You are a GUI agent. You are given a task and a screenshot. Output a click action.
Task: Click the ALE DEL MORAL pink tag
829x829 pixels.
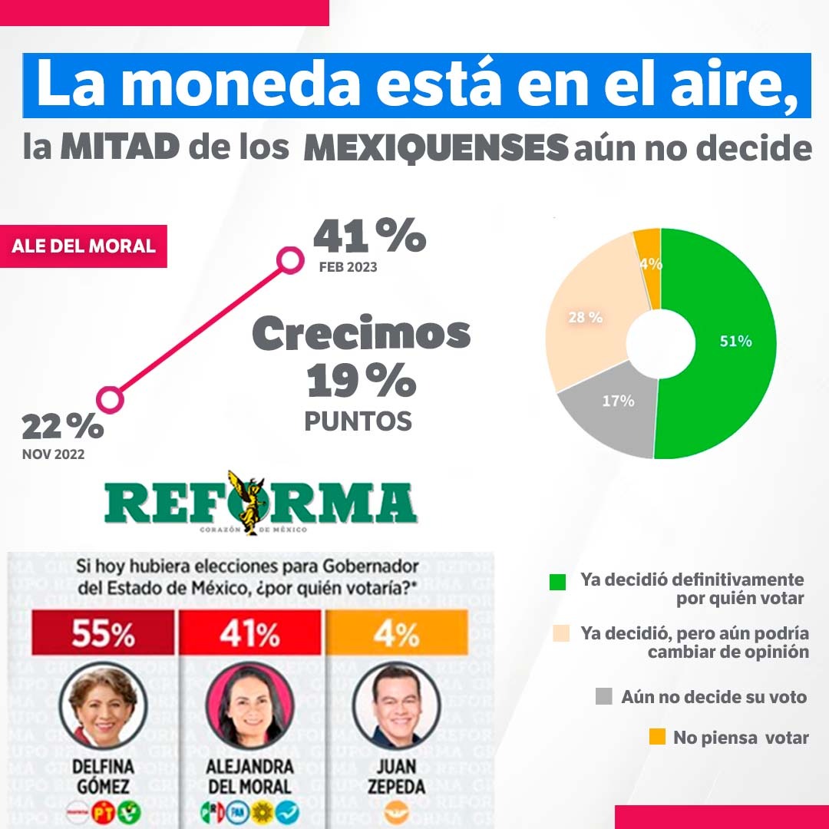pyautogui.click(x=84, y=246)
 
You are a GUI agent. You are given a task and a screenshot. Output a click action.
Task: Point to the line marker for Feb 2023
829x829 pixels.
pyautogui.click(x=289, y=261)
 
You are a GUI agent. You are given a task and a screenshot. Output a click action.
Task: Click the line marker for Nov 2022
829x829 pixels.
pyautogui.click(x=110, y=399)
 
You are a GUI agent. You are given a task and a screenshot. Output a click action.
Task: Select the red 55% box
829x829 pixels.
pyautogui.click(x=104, y=635)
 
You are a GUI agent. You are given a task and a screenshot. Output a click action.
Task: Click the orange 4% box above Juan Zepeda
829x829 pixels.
pyautogui.click(x=397, y=635)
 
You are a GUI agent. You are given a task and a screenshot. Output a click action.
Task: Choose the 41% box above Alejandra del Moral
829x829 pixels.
pyautogui.click(x=250, y=635)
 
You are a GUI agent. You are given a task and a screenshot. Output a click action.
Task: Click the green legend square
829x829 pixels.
pyautogui.click(x=558, y=582)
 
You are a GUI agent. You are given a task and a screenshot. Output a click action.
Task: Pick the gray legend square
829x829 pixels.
pyautogui.click(x=604, y=697)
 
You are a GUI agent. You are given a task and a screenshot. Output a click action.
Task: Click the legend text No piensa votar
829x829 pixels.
pyautogui.click(x=741, y=738)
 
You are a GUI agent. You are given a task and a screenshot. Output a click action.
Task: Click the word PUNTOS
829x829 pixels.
pyautogui.click(x=358, y=421)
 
